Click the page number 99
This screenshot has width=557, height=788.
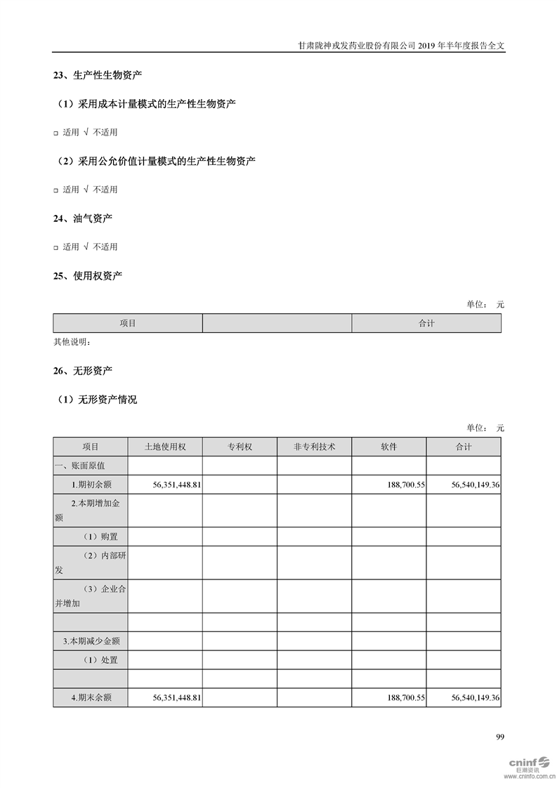[x=500, y=737]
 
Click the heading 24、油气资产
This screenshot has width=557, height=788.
[x=82, y=218]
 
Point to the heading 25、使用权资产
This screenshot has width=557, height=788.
[x=87, y=276]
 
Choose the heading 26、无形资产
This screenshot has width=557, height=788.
[x=82, y=370]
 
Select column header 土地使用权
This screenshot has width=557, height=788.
[x=164, y=447]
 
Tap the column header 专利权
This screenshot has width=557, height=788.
[x=239, y=447]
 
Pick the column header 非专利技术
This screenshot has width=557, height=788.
[x=314, y=447]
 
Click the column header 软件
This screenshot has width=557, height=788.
[x=388, y=447]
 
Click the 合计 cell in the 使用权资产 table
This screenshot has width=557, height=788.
[x=426, y=323]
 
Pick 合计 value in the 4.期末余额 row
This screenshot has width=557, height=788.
[x=473, y=697]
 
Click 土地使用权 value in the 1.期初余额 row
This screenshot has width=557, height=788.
[x=177, y=485]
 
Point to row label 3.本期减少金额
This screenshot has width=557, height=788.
[x=91, y=641]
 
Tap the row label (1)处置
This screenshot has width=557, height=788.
[x=100, y=659]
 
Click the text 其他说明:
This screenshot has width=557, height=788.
[x=72, y=342]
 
